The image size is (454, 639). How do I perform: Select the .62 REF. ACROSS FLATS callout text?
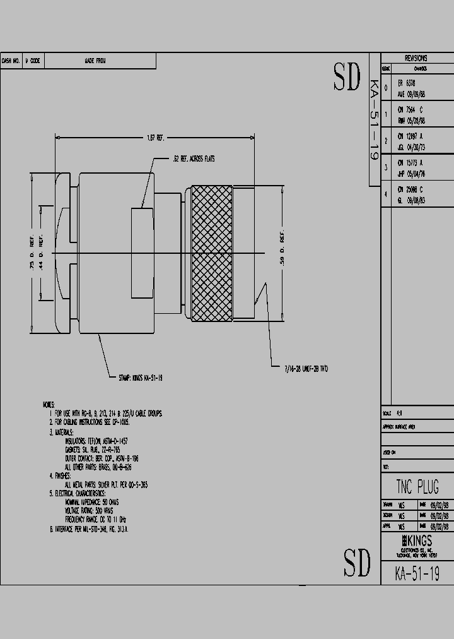[x=194, y=159]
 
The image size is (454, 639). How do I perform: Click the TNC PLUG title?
[x=417, y=487]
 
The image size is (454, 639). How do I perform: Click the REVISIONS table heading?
[x=416, y=58]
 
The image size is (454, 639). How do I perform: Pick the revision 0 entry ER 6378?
[x=407, y=83]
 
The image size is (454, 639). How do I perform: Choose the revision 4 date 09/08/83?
[x=416, y=200]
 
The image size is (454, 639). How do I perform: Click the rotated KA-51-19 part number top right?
[x=373, y=120]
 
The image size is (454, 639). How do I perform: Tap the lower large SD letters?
[x=356, y=562]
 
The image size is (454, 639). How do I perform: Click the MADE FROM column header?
[x=95, y=61]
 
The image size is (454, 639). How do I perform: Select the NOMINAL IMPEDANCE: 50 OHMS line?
[x=92, y=502]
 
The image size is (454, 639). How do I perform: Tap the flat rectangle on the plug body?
[x=142, y=253]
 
